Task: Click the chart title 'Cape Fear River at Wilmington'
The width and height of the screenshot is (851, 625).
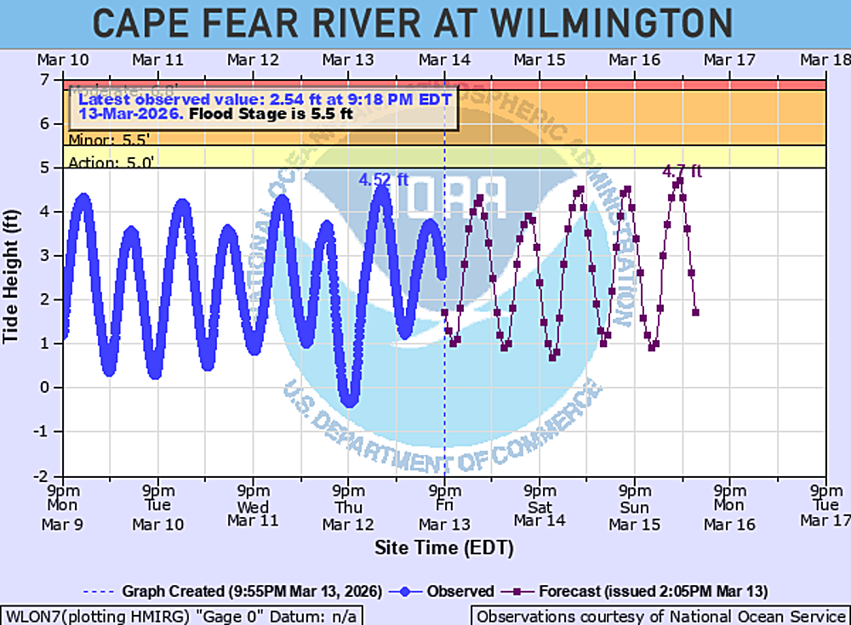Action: click(412, 23)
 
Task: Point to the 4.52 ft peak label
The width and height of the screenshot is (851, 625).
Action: click(383, 179)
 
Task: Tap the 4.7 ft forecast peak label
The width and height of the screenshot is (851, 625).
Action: click(682, 171)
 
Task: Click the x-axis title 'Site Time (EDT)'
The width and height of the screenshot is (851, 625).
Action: click(444, 548)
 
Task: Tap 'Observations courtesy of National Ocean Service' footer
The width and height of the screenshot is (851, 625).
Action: click(660, 616)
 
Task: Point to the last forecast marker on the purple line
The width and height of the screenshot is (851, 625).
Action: click(696, 312)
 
